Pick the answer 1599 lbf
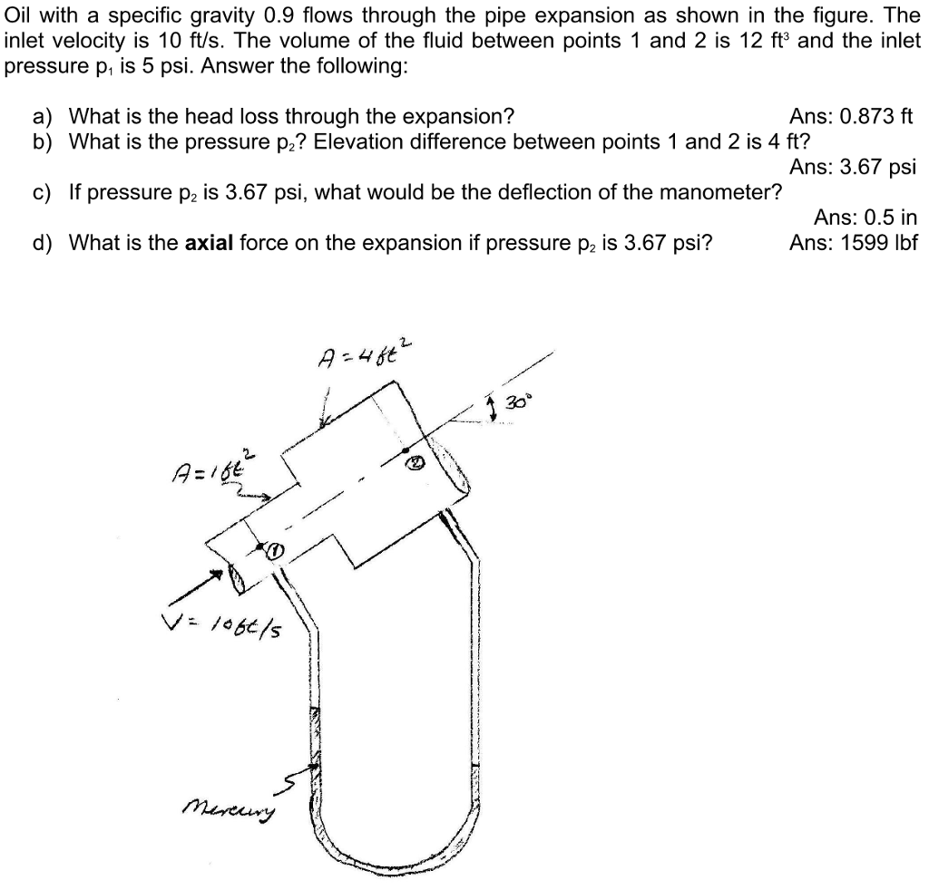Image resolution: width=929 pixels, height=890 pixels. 853,242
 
